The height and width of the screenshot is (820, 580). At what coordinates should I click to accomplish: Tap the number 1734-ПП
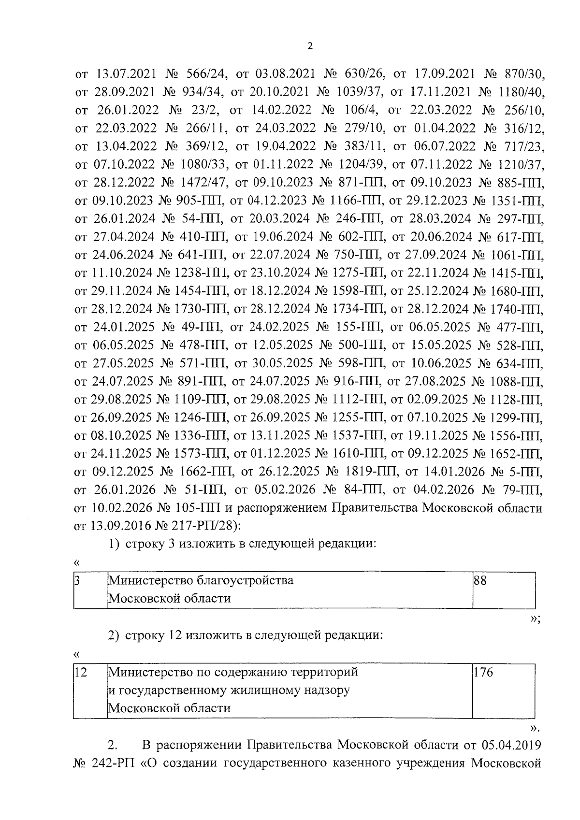(357, 309)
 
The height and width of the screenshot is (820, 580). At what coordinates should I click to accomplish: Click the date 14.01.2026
(445, 472)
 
